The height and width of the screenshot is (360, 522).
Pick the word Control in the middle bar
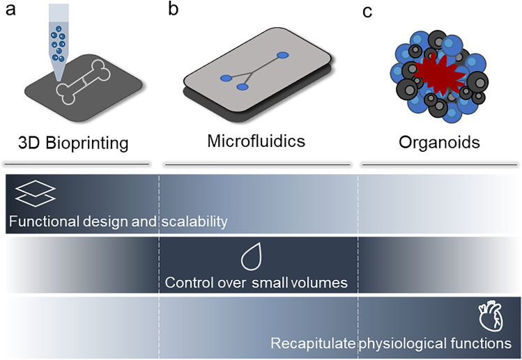coord(188,282)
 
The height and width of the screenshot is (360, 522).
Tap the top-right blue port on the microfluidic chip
coord(282,55)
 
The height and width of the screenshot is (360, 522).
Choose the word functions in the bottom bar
coord(479,343)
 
